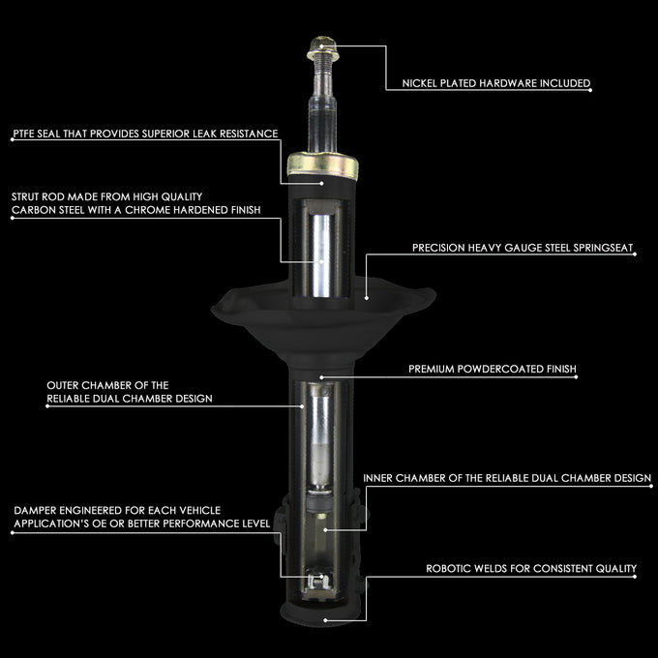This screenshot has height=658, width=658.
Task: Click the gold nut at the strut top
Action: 322,47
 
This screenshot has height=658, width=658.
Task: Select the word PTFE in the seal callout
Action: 23,134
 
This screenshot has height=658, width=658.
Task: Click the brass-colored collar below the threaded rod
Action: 322,165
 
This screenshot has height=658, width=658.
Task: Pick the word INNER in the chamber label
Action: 377,478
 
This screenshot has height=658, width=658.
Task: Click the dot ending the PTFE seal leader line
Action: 322,184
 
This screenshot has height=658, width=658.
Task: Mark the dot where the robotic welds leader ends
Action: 325,620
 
